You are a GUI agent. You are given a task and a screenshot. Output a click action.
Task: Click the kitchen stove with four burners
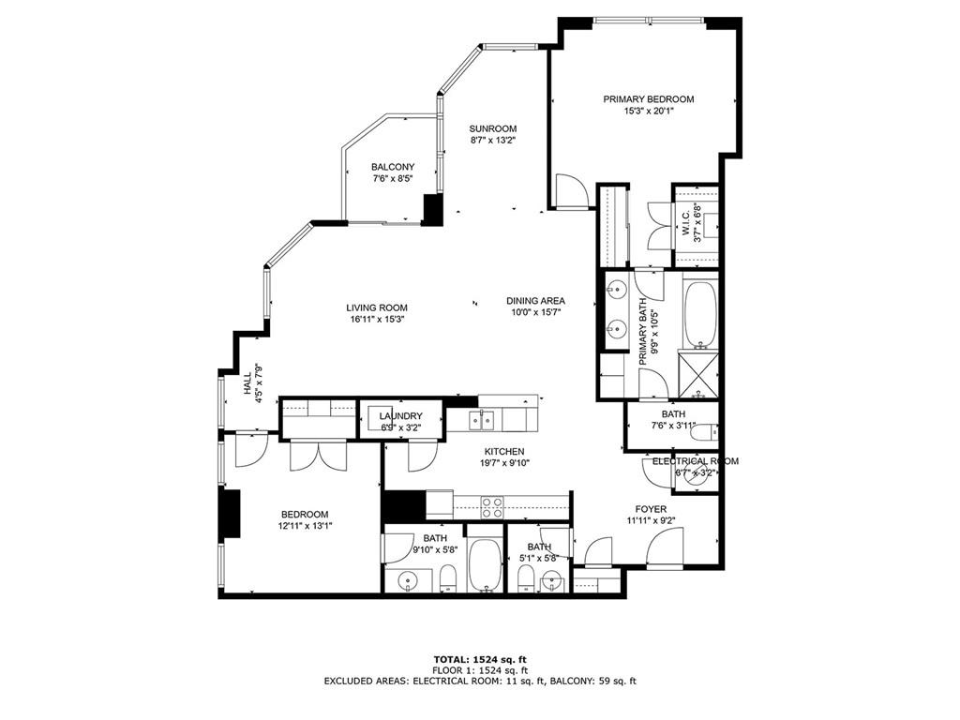click(492, 507)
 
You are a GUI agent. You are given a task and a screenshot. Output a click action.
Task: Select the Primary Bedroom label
click(648, 98)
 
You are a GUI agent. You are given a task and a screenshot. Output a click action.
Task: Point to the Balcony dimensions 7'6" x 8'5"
click(392, 178)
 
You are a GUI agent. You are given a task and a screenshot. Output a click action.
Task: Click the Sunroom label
click(493, 128)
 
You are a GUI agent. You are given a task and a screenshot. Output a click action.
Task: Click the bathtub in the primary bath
click(699, 312)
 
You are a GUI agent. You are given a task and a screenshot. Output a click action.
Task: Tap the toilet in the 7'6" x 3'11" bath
click(712, 432)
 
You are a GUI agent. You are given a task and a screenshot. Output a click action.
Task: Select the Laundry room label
click(400, 416)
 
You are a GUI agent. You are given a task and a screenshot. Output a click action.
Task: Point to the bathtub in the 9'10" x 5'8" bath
click(485, 565)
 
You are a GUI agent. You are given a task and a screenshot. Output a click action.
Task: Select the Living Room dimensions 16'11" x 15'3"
click(376, 319)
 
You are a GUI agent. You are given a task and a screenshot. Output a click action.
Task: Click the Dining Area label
click(535, 301)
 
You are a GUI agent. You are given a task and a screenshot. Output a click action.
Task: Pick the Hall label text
click(248, 383)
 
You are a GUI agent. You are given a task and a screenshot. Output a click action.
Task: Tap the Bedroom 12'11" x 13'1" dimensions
click(305, 526)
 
